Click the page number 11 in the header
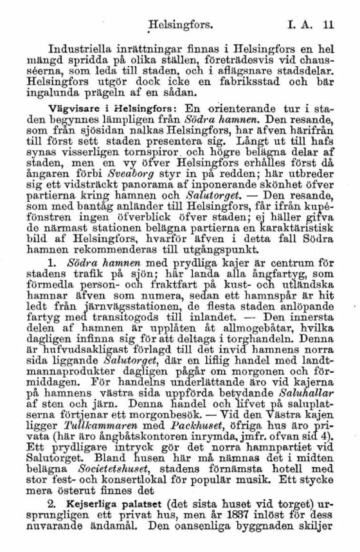click(328, 27)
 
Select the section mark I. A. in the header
click(301, 27)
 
